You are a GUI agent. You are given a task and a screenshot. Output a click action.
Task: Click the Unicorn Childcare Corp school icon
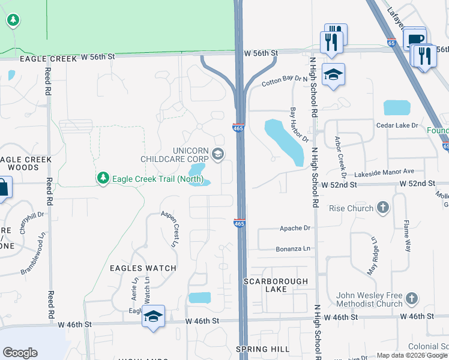[217, 155]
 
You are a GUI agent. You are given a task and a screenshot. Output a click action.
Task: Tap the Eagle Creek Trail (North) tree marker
[103, 178]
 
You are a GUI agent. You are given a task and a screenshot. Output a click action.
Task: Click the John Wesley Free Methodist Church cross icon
[411, 298]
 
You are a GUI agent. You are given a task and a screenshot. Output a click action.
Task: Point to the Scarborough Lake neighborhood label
[276, 285]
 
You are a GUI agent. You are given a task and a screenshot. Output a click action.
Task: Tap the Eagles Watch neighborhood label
[142, 268]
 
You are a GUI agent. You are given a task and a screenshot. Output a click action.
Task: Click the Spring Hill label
[259, 349]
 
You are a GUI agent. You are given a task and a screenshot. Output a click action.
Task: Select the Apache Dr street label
[295, 228]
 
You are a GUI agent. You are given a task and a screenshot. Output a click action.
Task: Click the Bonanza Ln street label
[293, 248]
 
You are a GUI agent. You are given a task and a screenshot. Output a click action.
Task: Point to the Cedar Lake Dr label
[396, 125]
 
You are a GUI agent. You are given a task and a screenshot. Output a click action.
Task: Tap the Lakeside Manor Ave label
[388, 171]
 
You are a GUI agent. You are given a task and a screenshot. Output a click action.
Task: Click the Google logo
[20, 353]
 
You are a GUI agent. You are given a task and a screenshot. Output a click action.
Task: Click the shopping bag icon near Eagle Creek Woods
[3, 187]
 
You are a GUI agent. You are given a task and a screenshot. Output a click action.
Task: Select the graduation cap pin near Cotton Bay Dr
[333, 74]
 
